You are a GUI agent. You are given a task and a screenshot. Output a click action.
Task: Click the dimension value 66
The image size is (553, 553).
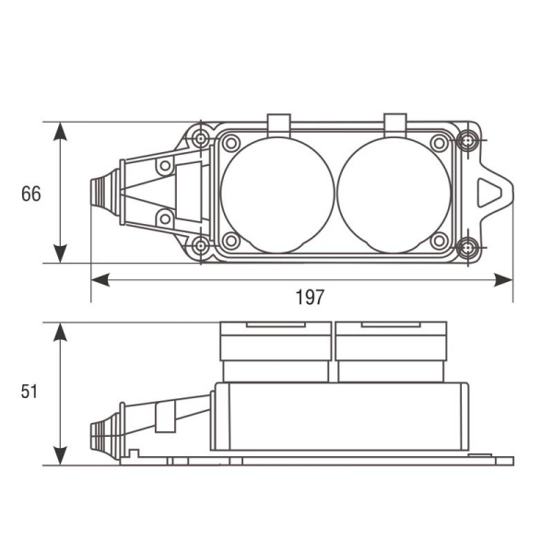pyautogui.click(x=31, y=194)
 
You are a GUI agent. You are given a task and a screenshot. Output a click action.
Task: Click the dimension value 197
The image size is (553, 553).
pyautogui.click(x=310, y=298)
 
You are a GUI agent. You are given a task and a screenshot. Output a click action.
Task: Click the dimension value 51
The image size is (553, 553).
pyautogui.click(x=29, y=392)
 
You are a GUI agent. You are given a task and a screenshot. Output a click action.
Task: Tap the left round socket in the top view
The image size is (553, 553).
pyautogui.click(x=277, y=195)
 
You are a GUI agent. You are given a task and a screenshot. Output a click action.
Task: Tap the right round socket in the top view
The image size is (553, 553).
pyautogui.click(x=394, y=195)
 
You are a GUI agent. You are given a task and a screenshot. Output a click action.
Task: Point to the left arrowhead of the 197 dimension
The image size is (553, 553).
pyautogui.click(x=100, y=280)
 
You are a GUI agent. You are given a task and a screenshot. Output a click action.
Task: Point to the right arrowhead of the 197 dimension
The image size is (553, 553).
pyautogui.click(x=503, y=280)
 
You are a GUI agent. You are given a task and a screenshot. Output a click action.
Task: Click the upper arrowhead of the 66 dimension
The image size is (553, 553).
pyautogui.click(x=60, y=132)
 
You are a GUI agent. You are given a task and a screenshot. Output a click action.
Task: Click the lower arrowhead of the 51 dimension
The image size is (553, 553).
pyautogui.click(x=60, y=455)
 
